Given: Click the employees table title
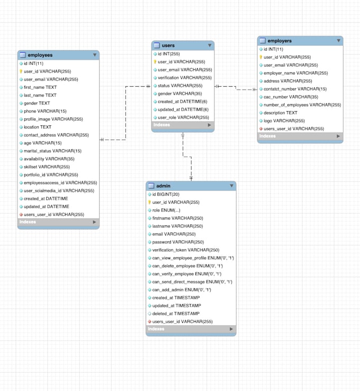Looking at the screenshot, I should coord(40,55).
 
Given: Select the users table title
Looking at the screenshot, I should coord(168,46).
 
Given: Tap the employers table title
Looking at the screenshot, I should coord(280,41).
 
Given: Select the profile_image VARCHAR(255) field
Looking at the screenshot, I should coord(53,119).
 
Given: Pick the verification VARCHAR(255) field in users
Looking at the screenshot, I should coord(184,78).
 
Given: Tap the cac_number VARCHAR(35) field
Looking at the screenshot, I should coord(291,97).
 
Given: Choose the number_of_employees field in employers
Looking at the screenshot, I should coord(302,105).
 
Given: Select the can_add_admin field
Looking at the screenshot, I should coord(182,290).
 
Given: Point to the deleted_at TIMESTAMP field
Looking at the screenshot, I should coord(174,314).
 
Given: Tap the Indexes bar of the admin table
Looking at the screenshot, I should coord(191,329).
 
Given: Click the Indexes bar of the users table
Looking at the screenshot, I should coord(183,125).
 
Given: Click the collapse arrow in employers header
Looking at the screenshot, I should coord(338,41).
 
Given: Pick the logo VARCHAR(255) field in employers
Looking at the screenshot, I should coord(284,121).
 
